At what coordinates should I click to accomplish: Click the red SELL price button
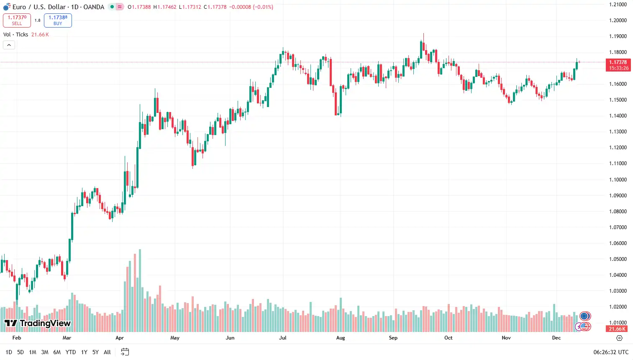[17, 20]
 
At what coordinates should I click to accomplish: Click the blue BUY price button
[58, 20]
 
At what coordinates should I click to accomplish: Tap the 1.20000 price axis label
[618, 20]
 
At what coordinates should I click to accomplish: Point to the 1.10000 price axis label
[618, 180]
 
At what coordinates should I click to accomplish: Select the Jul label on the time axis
[283, 338]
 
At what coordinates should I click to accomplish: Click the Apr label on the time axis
[120, 338]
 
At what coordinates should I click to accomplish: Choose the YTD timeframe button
[71, 352]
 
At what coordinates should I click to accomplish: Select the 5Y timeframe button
[95, 352]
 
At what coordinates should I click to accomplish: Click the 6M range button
[57, 352]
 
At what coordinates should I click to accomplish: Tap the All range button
[107, 352]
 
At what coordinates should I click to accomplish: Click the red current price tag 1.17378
[618, 65]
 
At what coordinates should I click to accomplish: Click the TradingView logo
[38, 323]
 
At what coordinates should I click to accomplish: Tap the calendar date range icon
[125, 352]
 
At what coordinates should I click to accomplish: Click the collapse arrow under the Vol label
[9, 45]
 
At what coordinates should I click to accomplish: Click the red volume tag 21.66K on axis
[617, 329]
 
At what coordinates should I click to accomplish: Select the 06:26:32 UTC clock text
[611, 352]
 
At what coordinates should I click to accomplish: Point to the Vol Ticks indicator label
[16, 35]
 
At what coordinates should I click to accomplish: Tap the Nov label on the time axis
[506, 338]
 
